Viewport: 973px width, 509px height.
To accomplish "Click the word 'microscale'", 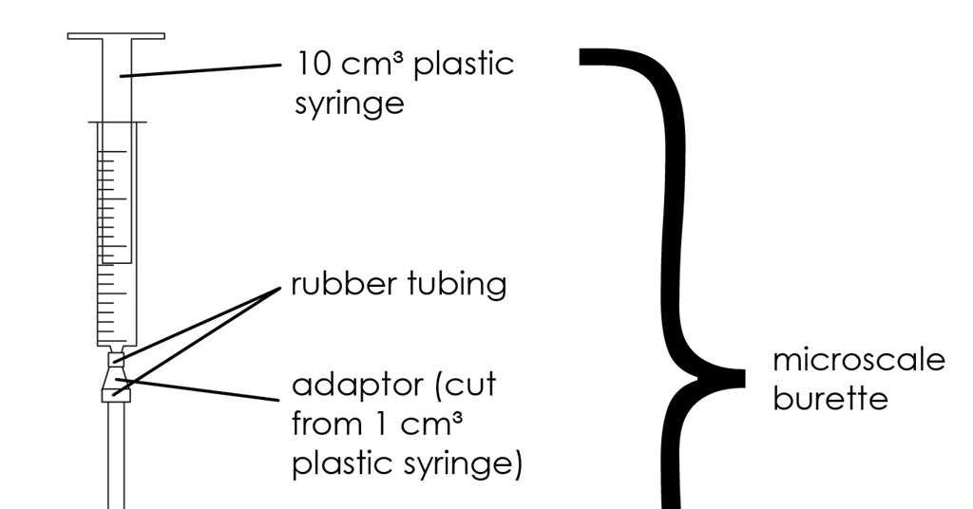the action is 859,360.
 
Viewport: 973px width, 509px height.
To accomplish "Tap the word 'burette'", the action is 830,398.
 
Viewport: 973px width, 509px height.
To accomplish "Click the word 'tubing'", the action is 457,286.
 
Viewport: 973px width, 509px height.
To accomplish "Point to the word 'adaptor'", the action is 357,386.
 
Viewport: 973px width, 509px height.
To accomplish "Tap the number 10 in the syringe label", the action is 313,64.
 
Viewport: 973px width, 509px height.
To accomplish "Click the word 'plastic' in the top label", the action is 464,64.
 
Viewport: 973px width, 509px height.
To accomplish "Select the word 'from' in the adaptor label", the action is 329,424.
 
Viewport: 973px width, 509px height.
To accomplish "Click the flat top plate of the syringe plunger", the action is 116,36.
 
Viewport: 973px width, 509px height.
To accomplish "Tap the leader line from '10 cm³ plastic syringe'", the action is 200,69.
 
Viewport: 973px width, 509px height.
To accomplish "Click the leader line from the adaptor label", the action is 197,389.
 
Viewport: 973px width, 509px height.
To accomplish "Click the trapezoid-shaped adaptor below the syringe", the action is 116,384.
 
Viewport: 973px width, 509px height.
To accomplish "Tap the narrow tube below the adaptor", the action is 116,455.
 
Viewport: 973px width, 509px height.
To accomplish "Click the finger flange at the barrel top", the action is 117,123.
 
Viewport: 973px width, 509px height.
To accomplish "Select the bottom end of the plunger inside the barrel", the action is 117,263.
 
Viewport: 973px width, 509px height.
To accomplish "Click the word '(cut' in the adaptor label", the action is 466,386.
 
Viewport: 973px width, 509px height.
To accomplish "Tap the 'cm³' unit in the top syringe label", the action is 370,65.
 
